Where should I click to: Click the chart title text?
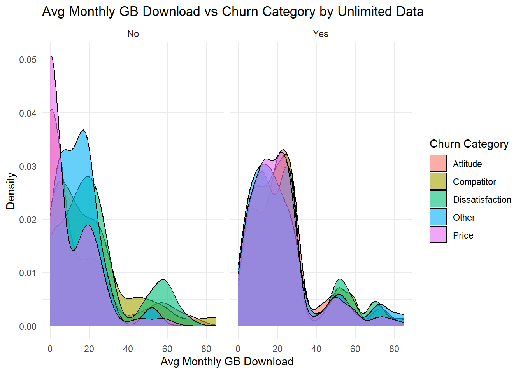coord(233,12)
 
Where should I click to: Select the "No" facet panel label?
coord(133,34)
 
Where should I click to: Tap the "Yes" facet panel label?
coord(321,34)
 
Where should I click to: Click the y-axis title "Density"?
coord(11,191)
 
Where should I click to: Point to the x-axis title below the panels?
coord(227,361)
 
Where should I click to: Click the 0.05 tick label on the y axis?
coord(28,59)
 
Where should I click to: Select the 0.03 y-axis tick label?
coord(28,166)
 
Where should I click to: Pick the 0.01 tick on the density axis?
coord(28,273)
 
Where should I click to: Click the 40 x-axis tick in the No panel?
coord(128,349)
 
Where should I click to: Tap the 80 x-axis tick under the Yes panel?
coord(394,349)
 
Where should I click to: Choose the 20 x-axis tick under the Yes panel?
coord(277,349)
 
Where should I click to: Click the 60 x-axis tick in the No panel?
coord(167,349)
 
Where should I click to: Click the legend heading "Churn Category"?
coord(469,144)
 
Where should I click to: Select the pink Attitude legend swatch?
coord(438,164)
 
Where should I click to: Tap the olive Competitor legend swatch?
coord(438,181)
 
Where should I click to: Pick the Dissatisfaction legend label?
coord(482,200)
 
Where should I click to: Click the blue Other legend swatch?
coord(438,217)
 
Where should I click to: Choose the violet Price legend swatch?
coord(438,235)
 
